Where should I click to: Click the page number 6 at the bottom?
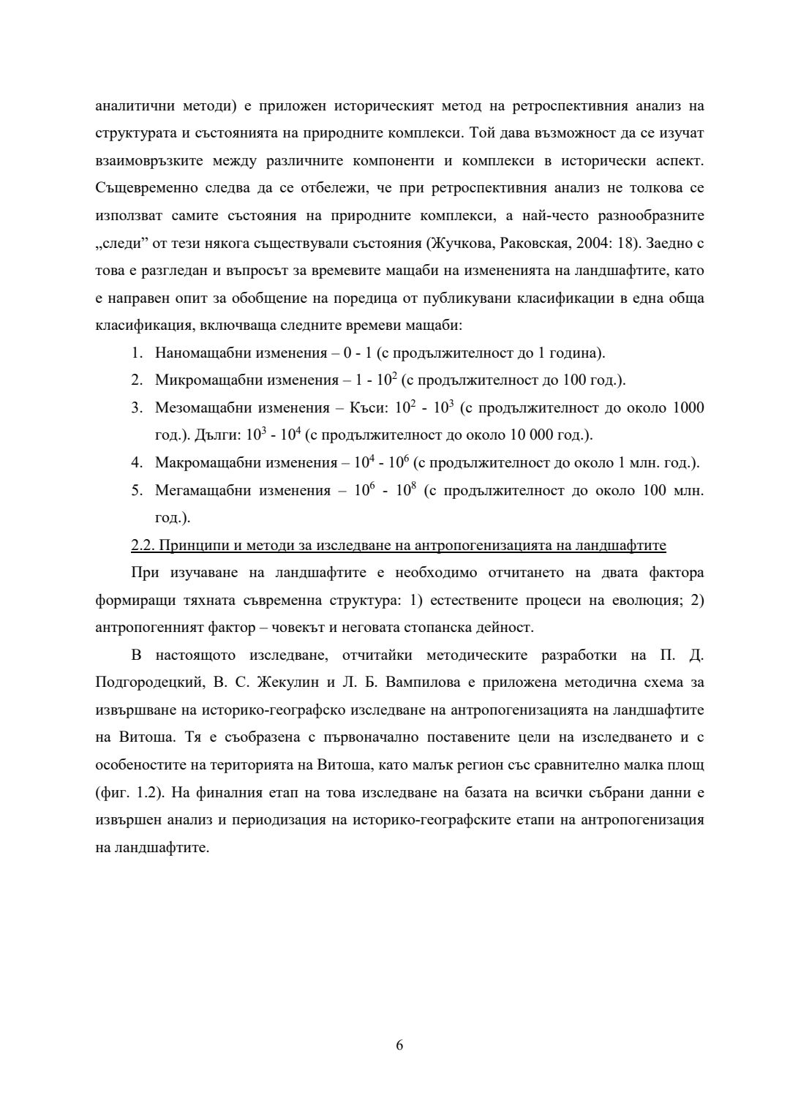[x=399, y=1045]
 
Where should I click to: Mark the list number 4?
[x=136, y=463]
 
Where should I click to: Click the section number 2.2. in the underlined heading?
[x=143, y=546]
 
